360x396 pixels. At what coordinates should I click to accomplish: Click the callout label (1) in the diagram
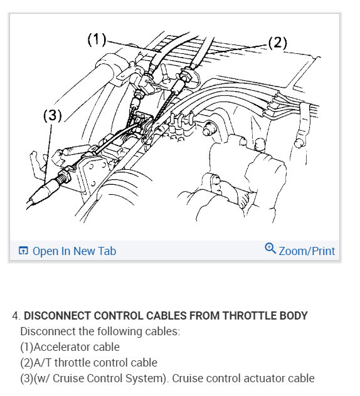[x=96, y=39]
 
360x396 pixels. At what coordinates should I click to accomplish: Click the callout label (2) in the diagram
[x=277, y=43]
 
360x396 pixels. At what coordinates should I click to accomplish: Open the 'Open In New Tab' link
[x=74, y=251]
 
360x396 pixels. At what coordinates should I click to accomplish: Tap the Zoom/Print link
[x=307, y=251]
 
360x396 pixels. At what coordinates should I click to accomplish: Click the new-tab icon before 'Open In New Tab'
[x=23, y=251]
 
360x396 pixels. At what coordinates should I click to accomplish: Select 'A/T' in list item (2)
[x=43, y=363]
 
